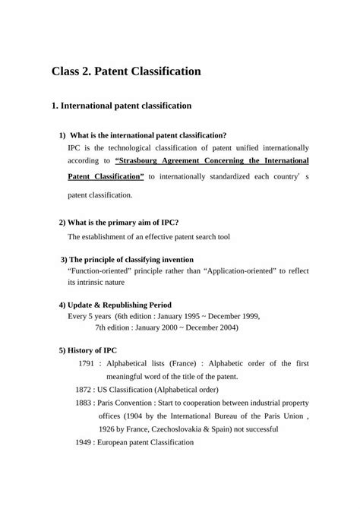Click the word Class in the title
pyautogui.click(x=69, y=72)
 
